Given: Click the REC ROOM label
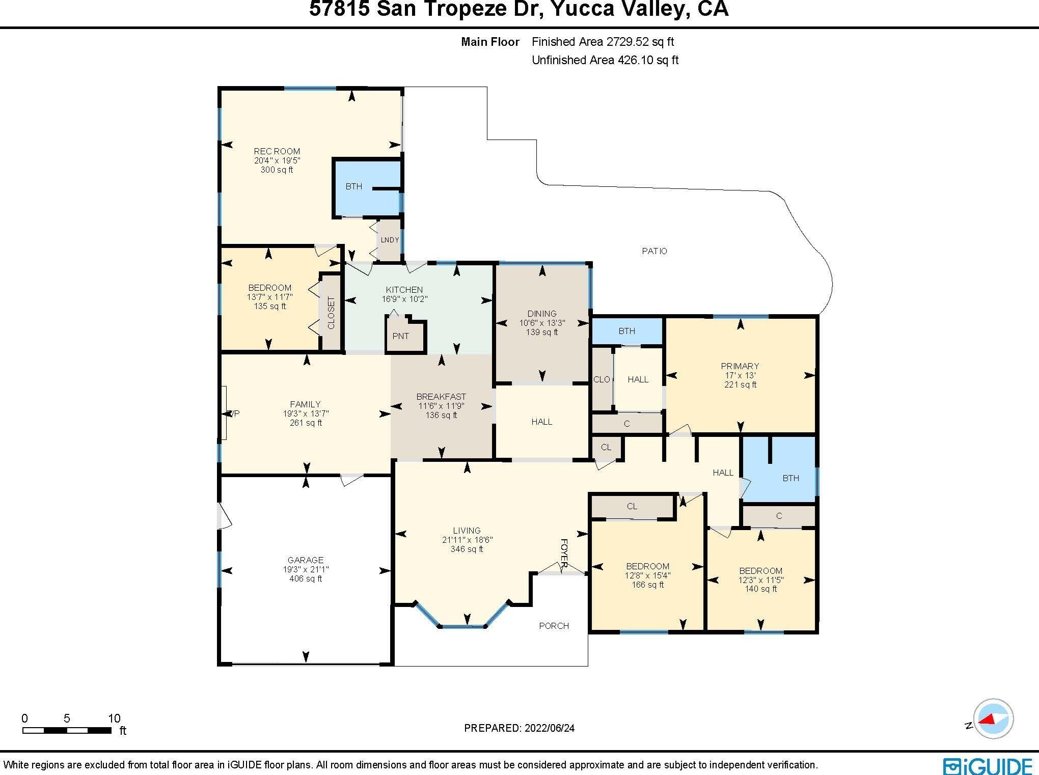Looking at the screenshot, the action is pyautogui.click(x=277, y=151).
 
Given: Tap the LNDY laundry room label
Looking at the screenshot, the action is pyautogui.click(x=390, y=240).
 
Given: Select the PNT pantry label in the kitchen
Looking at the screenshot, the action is pyautogui.click(x=401, y=336).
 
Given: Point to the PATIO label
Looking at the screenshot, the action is pyautogui.click(x=654, y=251).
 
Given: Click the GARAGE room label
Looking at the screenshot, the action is pyautogui.click(x=305, y=560).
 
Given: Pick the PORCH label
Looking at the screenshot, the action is pyautogui.click(x=554, y=626).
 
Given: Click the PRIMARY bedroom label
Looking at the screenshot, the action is pyautogui.click(x=740, y=366).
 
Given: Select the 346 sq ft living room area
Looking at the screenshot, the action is pyautogui.click(x=467, y=549).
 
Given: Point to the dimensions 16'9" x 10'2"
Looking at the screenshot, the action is pyautogui.click(x=404, y=299).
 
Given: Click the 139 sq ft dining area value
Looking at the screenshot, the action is pyautogui.click(x=542, y=332).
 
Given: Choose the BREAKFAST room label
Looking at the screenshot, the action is pyautogui.click(x=441, y=397).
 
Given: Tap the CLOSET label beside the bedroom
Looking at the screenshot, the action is pyautogui.click(x=332, y=313).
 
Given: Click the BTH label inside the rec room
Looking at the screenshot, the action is pyautogui.click(x=354, y=186).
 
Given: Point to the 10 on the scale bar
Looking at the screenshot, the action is pyautogui.click(x=114, y=718).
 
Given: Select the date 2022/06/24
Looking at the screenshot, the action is pyautogui.click(x=550, y=728).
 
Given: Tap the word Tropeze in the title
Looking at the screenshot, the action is pyautogui.click(x=458, y=9).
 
